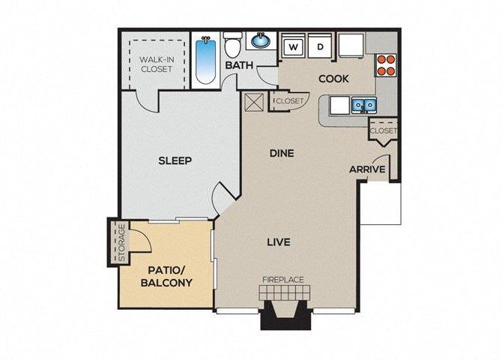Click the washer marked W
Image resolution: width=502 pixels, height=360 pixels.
[x=294, y=47]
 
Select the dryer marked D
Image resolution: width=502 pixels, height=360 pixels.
[x=320, y=47]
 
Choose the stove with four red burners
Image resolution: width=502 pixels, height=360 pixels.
[x=386, y=66]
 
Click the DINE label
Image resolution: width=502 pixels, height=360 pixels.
[x=281, y=153]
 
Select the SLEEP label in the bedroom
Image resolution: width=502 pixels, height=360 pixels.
[x=175, y=160]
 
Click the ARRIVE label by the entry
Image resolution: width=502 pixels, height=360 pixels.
[x=367, y=169]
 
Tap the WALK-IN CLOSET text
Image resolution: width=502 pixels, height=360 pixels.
[x=156, y=63]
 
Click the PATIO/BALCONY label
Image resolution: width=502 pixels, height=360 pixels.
[x=166, y=276]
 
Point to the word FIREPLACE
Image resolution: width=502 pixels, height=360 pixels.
[x=282, y=280]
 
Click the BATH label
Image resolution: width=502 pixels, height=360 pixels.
[x=239, y=65]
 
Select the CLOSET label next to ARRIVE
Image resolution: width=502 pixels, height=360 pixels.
[x=383, y=130]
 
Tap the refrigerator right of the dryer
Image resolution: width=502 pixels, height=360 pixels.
[x=351, y=46]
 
